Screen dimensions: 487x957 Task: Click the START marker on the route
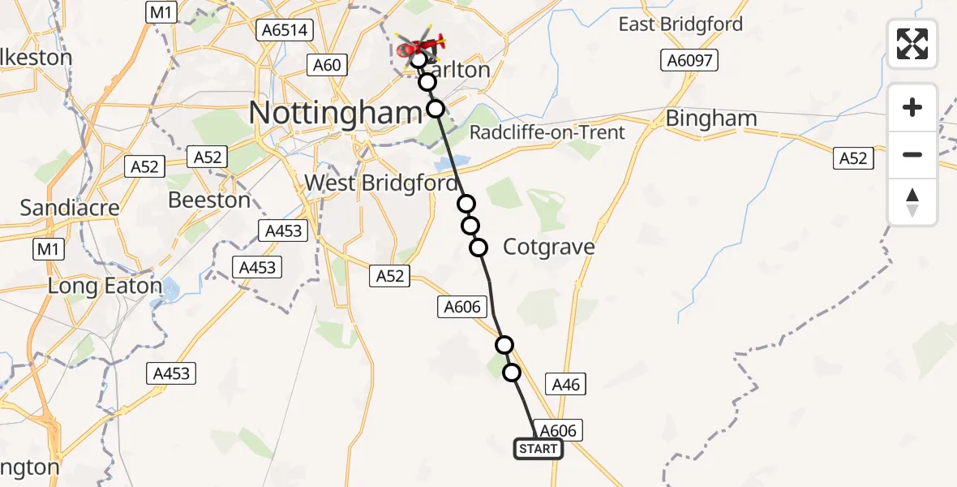[x=539, y=449]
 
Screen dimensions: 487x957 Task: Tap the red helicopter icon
[x=421, y=47]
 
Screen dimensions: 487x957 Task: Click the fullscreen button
[x=912, y=44]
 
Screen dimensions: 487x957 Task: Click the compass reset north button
[x=912, y=202]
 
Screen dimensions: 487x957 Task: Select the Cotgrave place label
[x=549, y=247]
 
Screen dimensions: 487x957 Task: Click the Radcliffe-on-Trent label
[x=547, y=131]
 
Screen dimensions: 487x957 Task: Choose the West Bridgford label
[x=380, y=183]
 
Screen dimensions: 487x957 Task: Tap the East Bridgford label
[x=680, y=24]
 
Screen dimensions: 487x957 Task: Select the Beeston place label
[x=209, y=200]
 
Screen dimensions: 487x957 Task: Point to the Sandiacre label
[x=58, y=208]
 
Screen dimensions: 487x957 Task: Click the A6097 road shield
[x=689, y=60]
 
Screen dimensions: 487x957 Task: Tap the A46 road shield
[x=565, y=384]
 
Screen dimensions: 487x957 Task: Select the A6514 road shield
[x=283, y=30]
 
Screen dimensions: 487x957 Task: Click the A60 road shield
[x=327, y=64]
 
